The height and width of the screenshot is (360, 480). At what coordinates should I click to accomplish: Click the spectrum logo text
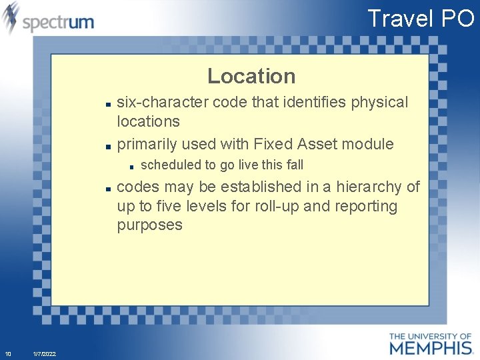click(58, 22)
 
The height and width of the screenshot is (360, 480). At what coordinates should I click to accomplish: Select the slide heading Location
click(251, 76)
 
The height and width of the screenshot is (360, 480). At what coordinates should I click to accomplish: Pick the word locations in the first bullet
click(148, 121)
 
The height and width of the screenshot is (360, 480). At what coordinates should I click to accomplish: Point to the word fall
click(294, 165)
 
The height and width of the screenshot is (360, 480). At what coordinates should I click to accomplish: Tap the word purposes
click(149, 225)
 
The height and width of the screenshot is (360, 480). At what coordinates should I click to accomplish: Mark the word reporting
click(365, 207)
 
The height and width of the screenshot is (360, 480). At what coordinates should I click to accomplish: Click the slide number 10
click(7, 353)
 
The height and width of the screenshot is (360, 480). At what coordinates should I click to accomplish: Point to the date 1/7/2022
click(45, 353)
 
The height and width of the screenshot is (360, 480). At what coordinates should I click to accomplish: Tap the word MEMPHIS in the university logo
click(430, 347)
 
